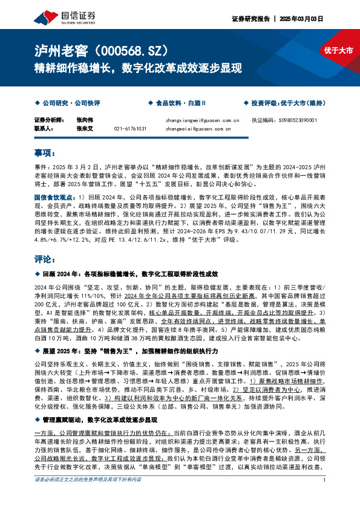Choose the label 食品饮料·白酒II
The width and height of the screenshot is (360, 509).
point(181,103)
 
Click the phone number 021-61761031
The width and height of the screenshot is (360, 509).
point(130,129)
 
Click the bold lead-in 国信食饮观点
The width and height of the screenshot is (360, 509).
point(53,198)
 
